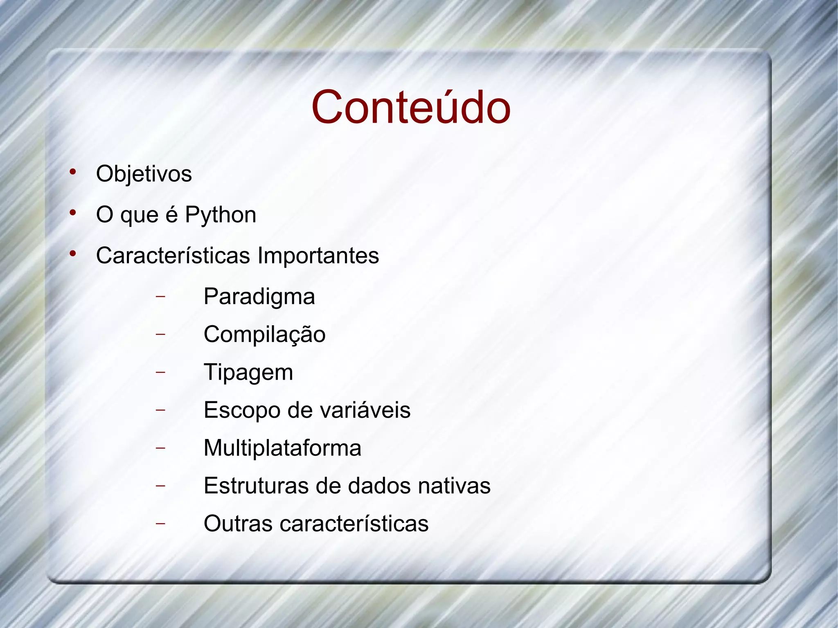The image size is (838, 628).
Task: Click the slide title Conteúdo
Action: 411,107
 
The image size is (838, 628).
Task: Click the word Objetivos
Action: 144,173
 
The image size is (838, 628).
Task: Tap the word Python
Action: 221,215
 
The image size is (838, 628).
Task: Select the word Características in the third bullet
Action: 173,256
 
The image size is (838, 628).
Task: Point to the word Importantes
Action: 318,256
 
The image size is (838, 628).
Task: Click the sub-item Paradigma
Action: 259,297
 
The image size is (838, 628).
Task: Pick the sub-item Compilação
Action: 264,334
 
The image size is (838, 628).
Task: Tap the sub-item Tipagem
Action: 248,372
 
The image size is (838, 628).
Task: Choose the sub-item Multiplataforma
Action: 282,448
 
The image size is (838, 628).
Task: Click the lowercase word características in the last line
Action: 354,524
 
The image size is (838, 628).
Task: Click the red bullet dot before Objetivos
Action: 73,172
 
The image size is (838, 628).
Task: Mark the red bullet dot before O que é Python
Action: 73,213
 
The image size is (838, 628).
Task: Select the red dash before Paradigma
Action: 160,296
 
